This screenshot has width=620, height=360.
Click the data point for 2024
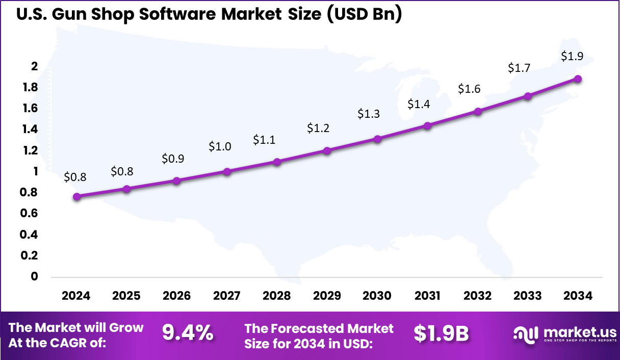76,197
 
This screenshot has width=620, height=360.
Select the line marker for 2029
327,151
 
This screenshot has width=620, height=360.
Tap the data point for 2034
578,79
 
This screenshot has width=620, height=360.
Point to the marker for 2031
427,125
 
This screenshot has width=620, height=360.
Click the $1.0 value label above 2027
220,147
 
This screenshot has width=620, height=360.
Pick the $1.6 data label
469,89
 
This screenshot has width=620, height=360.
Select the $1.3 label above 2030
369,114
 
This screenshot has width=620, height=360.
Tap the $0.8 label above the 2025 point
122,171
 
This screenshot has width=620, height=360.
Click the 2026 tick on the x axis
176,296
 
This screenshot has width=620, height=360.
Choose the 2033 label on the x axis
528,296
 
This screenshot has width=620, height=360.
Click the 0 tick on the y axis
35,276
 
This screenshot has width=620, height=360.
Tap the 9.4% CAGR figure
188,333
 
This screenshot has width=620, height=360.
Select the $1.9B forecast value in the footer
441,333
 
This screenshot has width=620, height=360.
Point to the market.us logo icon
526,335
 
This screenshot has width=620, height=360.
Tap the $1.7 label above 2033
519,68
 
